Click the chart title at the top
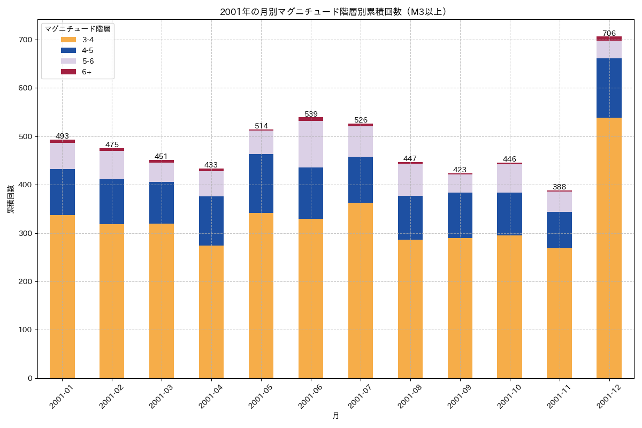click(335, 12)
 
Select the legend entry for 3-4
click(88, 40)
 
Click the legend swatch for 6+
click(68, 72)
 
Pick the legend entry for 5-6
click(88, 61)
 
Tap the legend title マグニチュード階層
click(78, 29)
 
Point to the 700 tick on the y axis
click(25, 40)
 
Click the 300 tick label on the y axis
click(25, 233)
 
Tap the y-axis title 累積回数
click(11, 199)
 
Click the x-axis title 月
click(335, 416)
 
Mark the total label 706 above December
click(609, 33)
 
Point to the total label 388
click(559, 187)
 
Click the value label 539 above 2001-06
click(311, 114)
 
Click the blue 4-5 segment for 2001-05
click(261, 184)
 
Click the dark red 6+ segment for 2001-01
click(62, 141)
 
